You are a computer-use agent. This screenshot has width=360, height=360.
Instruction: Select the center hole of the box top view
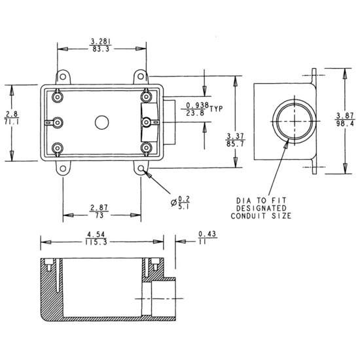[101, 122]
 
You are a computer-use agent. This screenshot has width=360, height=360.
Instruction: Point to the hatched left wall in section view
[46, 288]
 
